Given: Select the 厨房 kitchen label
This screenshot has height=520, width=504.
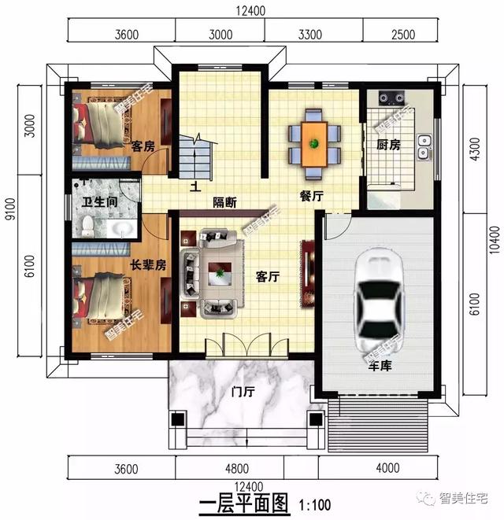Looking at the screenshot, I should (x=388, y=146).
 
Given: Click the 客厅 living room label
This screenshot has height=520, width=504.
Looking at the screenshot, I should (x=269, y=277).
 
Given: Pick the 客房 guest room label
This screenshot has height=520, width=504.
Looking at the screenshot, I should (x=142, y=146).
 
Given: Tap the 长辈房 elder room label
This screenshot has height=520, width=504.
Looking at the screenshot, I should (x=147, y=265).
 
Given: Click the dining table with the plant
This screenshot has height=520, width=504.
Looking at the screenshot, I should (x=314, y=143).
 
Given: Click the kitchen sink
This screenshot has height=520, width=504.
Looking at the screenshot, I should (x=424, y=147).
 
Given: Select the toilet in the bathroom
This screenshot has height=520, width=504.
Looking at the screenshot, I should (x=87, y=227).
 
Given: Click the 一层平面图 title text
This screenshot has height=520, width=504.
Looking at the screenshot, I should (x=244, y=502).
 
